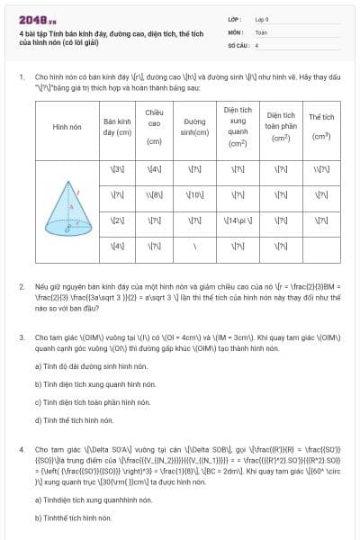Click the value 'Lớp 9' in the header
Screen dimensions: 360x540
point(262,18)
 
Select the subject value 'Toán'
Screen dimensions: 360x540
point(261,31)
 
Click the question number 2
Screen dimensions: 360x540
point(21,285)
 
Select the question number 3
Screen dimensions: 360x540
point(21,337)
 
